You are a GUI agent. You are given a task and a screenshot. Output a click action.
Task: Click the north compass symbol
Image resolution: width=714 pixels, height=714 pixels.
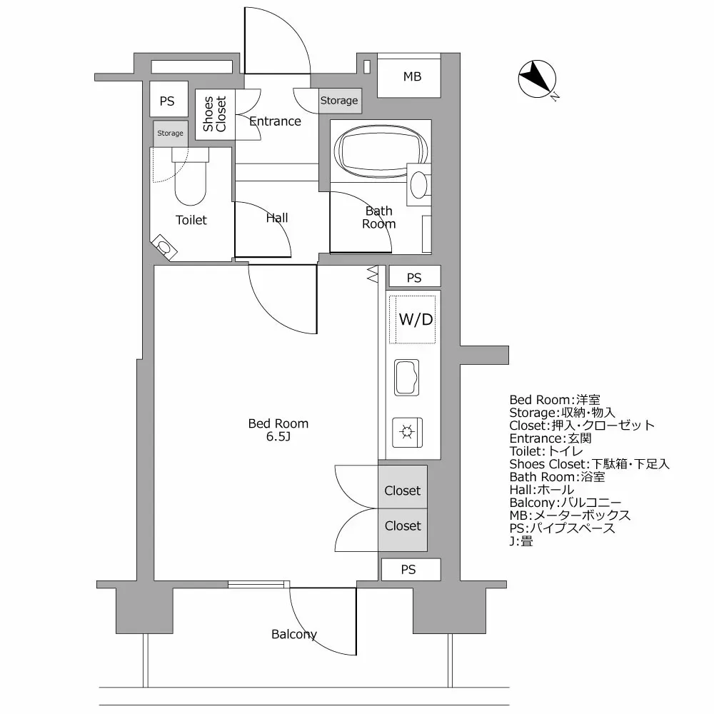(x=538, y=80)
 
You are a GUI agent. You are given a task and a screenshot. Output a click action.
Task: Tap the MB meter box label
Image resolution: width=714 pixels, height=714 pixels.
(x=412, y=76)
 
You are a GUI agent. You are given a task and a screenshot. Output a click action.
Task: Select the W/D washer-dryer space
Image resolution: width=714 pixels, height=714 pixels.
(x=413, y=319)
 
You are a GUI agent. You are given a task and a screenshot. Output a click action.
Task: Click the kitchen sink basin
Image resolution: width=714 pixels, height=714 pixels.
(x=407, y=378)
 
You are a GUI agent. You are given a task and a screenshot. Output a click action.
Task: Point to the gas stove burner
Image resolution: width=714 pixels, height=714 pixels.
(x=407, y=432)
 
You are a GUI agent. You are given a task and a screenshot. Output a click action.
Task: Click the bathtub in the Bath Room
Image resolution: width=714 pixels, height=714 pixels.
(x=381, y=151)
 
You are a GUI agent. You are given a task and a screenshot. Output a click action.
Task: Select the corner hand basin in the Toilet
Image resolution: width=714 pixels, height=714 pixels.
(x=164, y=247)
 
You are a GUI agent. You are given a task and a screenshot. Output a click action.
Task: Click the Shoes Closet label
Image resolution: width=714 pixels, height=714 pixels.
(x=214, y=114)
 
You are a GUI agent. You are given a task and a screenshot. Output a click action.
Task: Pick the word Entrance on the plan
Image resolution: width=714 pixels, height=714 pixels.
(x=275, y=121)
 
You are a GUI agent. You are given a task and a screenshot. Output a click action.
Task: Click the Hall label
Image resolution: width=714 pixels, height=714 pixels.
(x=277, y=218)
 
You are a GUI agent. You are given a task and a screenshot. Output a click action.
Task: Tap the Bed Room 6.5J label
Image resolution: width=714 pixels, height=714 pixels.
(x=278, y=430)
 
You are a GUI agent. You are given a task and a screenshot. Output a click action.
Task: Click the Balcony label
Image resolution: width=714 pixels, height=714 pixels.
(x=294, y=634)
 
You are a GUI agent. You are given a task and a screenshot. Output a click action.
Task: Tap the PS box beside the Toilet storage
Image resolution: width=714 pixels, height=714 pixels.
(x=169, y=99)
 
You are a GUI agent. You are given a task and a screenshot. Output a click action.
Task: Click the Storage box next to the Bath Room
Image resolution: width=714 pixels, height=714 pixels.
(x=340, y=101)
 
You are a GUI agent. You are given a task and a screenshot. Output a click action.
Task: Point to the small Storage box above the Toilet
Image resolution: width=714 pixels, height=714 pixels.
(x=171, y=134)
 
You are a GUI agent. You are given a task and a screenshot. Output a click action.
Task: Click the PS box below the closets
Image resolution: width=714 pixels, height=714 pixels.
(x=411, y=569)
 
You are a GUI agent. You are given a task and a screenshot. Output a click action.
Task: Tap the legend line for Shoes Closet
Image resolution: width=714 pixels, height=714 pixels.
(x=589, y=464)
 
